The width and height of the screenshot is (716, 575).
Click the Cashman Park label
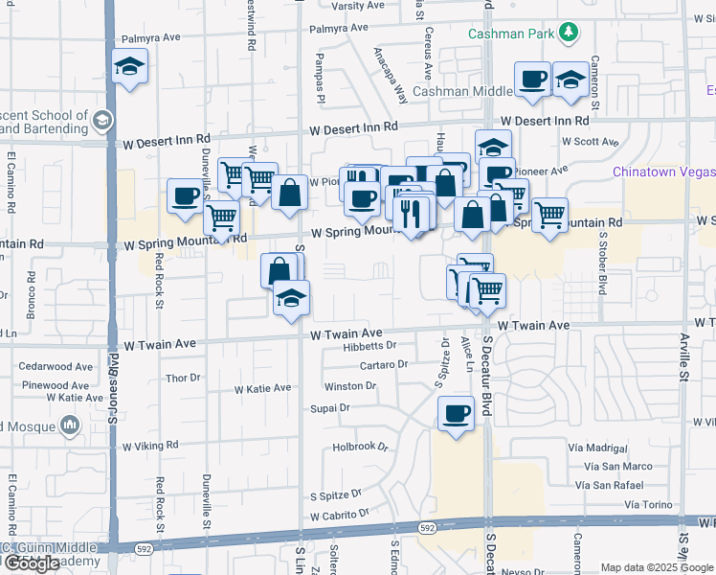pos(512,34)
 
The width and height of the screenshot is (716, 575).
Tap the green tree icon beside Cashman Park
pos(570,33)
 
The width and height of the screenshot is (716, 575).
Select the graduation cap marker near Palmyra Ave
pos(129,67)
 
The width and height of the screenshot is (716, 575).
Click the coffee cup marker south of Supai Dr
pos(456,413)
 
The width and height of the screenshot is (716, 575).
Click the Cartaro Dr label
pos(384,365)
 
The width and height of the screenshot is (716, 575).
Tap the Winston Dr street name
pos(349,386)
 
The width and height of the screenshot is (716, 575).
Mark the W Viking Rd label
pos(146,446)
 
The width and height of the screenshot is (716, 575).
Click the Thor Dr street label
pos(182,379)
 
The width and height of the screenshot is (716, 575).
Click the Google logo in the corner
pos(32,563)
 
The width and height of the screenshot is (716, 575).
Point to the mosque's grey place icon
pos(68,424)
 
